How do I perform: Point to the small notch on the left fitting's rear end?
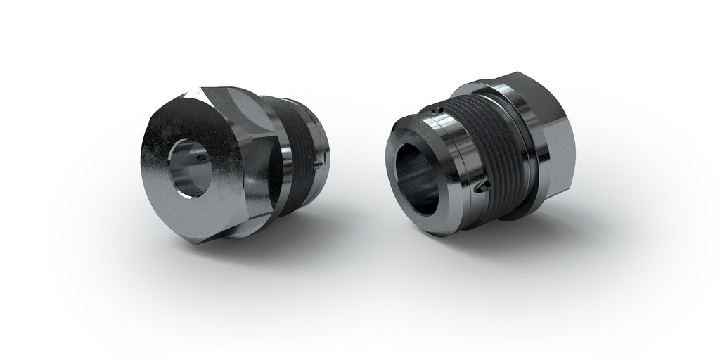pos(319,163)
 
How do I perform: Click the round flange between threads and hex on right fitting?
pos(527,151)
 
